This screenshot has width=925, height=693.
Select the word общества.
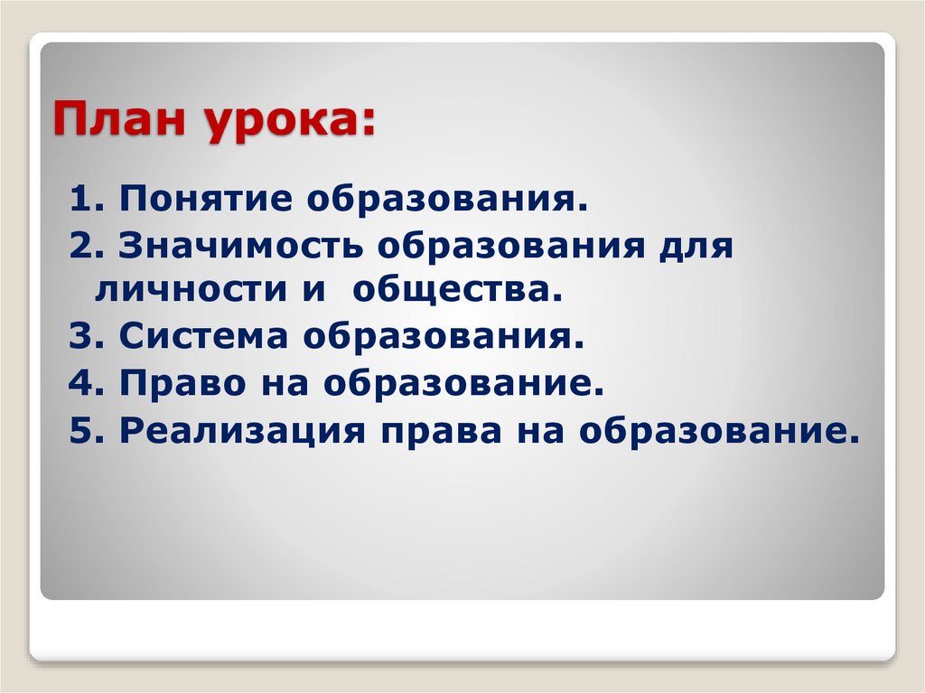pos(451,290)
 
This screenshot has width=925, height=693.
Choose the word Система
pos(204,338)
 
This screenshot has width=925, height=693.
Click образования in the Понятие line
pos(446,198)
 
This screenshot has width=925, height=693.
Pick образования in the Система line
pos(444,338)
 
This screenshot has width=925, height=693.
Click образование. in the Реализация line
pos(717,432)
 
